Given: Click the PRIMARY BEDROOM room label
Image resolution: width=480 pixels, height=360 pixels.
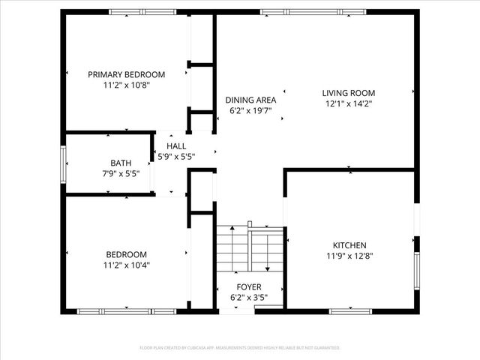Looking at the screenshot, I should click(x=126, y=74).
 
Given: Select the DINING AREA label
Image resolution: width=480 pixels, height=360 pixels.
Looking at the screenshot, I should click(x=250, y=100).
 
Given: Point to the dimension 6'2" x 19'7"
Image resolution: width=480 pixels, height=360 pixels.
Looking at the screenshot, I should click(x=250, y=110).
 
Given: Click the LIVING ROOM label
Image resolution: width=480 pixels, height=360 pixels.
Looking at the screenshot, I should click(x=348, y=93).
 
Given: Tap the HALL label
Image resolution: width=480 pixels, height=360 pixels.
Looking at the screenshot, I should click(x=176, y=146).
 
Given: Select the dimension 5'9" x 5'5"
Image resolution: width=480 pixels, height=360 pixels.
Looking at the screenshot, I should click(x=176, y=157).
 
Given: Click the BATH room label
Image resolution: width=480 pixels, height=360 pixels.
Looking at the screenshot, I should click(x=120, y=162).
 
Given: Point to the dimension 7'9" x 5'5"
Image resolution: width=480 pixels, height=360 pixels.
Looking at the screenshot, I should click(x=120, y=172).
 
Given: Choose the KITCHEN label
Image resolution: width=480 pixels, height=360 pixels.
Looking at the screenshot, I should click(x=349, y=245).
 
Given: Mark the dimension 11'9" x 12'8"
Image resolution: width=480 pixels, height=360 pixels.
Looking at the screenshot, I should click(x=349, y=256).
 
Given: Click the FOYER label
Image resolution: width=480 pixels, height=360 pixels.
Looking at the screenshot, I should click(x=249, y=287).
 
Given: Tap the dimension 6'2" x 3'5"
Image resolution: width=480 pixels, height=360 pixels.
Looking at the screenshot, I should click(x=249, y=298).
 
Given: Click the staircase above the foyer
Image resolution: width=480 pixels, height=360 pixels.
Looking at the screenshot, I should click(x=250, y=251).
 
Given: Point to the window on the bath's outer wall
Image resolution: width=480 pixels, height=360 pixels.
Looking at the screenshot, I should click(x=64, y=164).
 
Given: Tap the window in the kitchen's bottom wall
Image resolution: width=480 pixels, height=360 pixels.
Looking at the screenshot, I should click(x=350, y=310).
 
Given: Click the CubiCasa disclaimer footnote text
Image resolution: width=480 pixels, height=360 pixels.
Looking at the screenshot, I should click(x=240, y=348).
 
